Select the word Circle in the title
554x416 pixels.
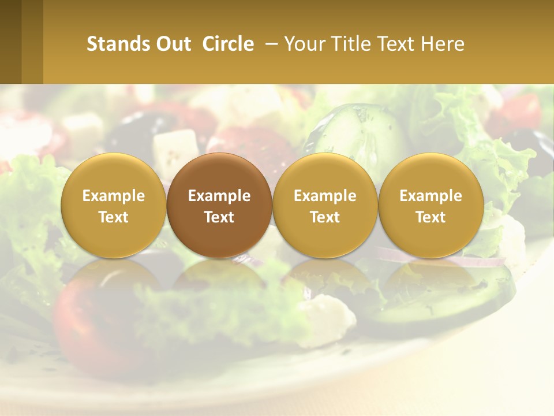click(x=228, y=44)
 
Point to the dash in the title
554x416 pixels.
click(x=269, y=44)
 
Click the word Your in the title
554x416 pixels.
click(x=304, y=44)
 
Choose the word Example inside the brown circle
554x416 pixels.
click(x=219, y=196)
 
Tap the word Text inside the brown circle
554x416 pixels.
click(x=219, y=217)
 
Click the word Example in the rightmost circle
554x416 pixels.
click(x=431, y=196)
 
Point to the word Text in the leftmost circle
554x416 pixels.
click(x=113, y=217)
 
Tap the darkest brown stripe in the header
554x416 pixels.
click(x=10, y=42)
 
